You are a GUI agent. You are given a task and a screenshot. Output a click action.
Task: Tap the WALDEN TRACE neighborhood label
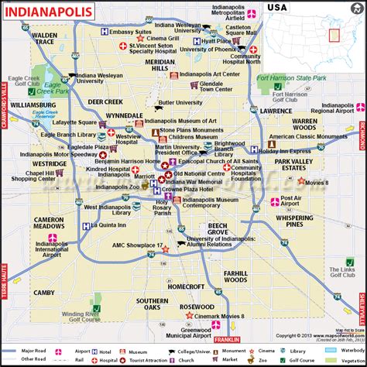click(x=45, y=39)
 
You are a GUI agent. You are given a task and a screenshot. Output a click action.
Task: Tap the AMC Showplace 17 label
click(x=139, y=245)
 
